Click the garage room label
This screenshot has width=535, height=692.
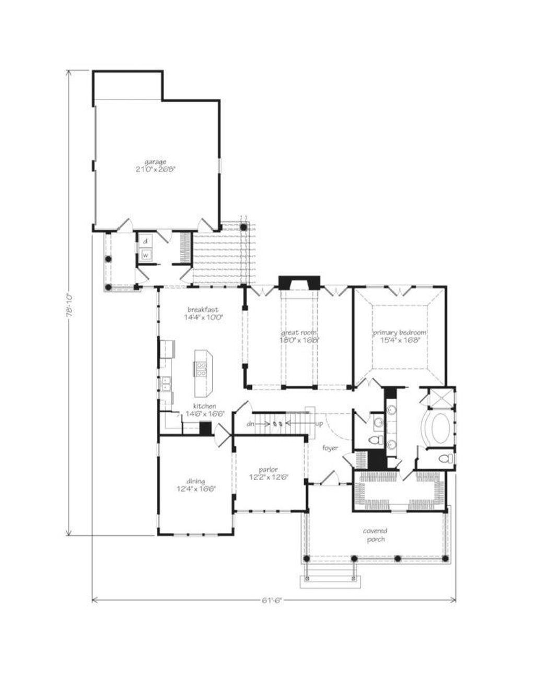pos(156,162)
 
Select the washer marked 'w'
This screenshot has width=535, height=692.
pos(146,255)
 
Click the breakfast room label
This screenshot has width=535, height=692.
pos(203,309)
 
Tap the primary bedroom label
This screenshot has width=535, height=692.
pos(400,332)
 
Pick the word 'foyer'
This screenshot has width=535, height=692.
pos(330,448)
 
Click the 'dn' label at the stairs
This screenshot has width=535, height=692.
pos(251,424)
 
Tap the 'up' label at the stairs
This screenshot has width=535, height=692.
pos(319,424)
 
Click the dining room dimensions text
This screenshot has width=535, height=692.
pos(196,489)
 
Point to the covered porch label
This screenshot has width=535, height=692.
pos(375,535)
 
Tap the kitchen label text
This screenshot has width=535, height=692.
pos(204,406)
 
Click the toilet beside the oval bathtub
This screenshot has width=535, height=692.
pos(445,459)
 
